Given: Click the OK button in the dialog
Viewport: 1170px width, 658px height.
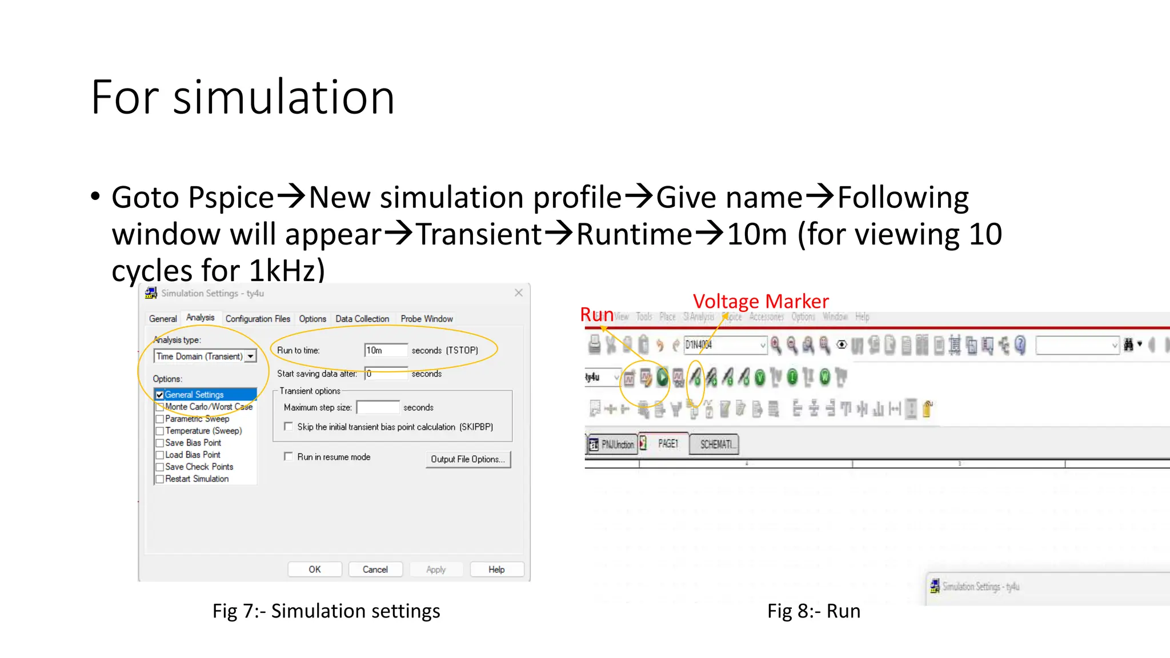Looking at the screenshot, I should pos(315,569).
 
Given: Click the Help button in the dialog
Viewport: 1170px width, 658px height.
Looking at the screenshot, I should pos(496,569).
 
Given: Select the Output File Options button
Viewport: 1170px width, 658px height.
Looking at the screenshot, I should pos(468,459).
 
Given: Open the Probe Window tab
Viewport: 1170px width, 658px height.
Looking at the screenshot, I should pos(426,319).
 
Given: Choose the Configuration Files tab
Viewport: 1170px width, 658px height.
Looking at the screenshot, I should pos(258,319).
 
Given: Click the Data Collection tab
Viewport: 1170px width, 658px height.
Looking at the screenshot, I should pos(362,319).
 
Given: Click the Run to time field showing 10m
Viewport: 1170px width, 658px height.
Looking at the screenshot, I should pos(386,350).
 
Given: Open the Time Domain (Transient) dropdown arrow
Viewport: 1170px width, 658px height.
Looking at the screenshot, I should pos(251,356).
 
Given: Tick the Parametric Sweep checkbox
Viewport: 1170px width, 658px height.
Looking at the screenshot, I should pos(160,419).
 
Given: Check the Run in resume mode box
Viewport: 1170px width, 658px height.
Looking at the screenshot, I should pos(289,457).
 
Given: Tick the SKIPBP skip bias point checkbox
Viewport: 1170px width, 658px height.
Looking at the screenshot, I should pos(289,427).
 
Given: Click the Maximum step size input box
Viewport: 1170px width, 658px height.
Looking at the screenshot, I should pos(378,407).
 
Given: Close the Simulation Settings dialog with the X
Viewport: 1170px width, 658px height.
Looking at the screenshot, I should pos(518,293).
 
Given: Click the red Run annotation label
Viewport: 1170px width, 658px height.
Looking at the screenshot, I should pos(596,314).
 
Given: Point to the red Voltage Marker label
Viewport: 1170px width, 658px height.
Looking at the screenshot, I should pos(760,301).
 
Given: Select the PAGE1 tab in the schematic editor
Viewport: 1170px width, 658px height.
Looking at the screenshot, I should pos(667,444).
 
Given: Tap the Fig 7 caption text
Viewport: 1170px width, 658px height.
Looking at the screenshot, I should pos(326,611).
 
